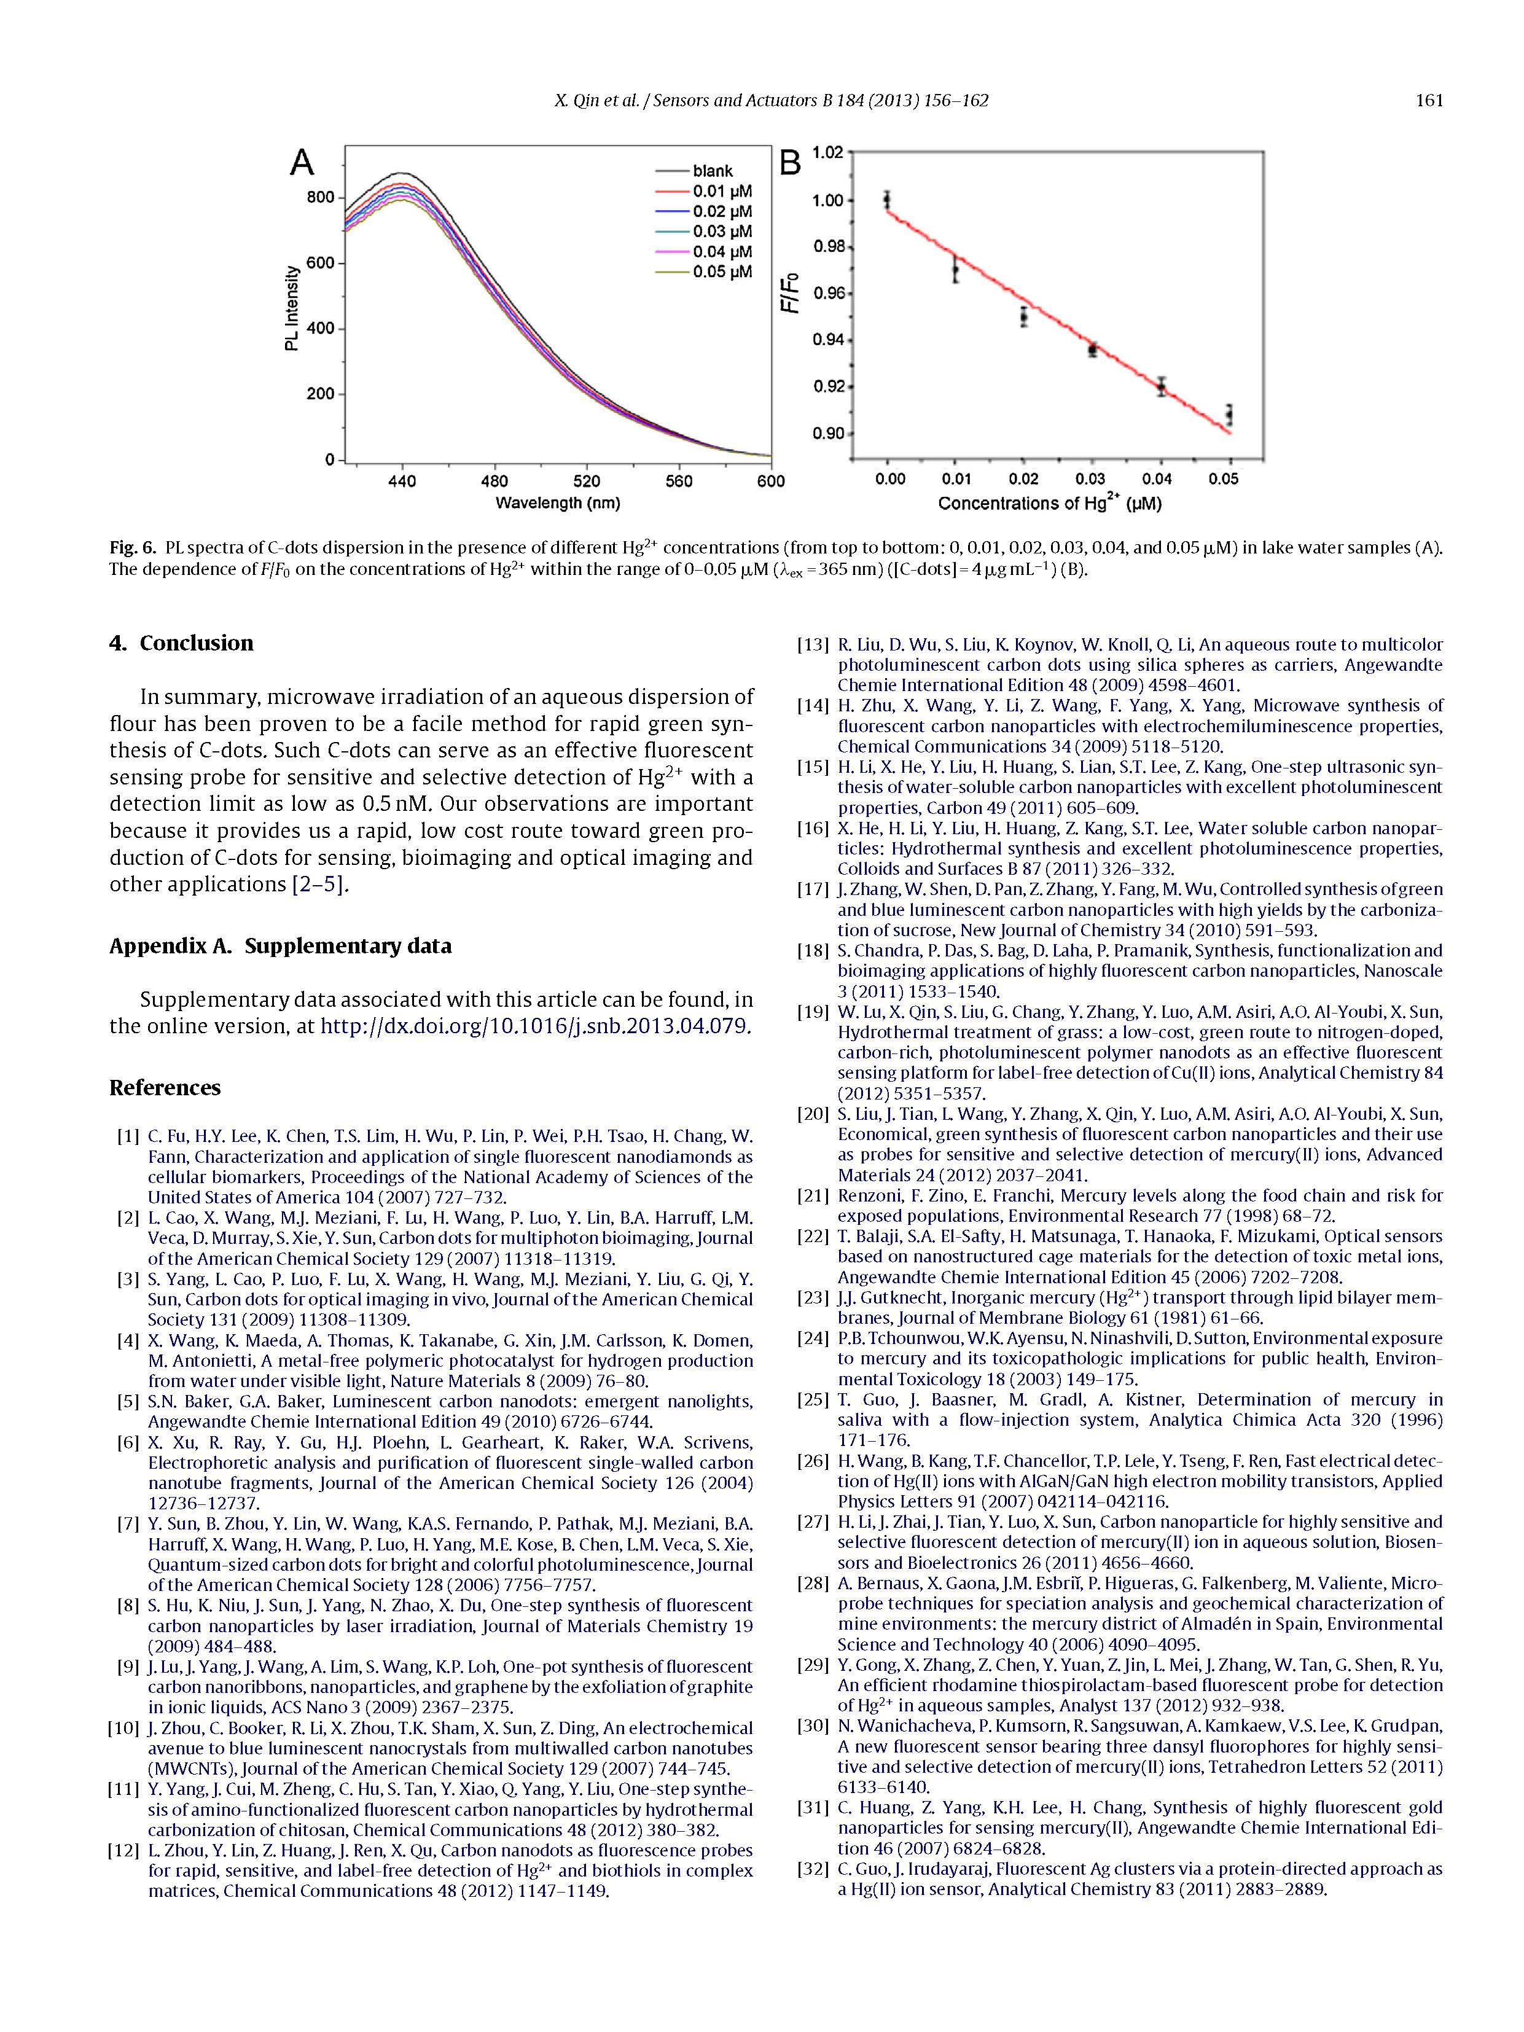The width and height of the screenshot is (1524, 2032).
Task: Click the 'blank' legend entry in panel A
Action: (712, 171)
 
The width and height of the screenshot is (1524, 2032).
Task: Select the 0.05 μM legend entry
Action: (722, 272)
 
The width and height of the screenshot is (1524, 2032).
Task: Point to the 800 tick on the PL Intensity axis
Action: (321, 198)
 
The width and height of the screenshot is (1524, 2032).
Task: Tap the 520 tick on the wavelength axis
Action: (586, 482)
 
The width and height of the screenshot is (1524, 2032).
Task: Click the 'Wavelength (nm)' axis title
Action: (558, 504)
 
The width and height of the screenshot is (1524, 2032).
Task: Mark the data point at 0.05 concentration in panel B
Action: (1229, 415)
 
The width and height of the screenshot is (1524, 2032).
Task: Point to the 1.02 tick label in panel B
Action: (827, 152)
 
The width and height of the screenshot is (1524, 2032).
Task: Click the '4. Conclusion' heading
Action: (181, 643)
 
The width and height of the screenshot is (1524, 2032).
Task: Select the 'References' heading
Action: (165, 1088)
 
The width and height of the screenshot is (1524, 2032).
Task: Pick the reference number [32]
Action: (813, 1869)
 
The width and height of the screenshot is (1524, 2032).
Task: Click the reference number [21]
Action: (813, 1195)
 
